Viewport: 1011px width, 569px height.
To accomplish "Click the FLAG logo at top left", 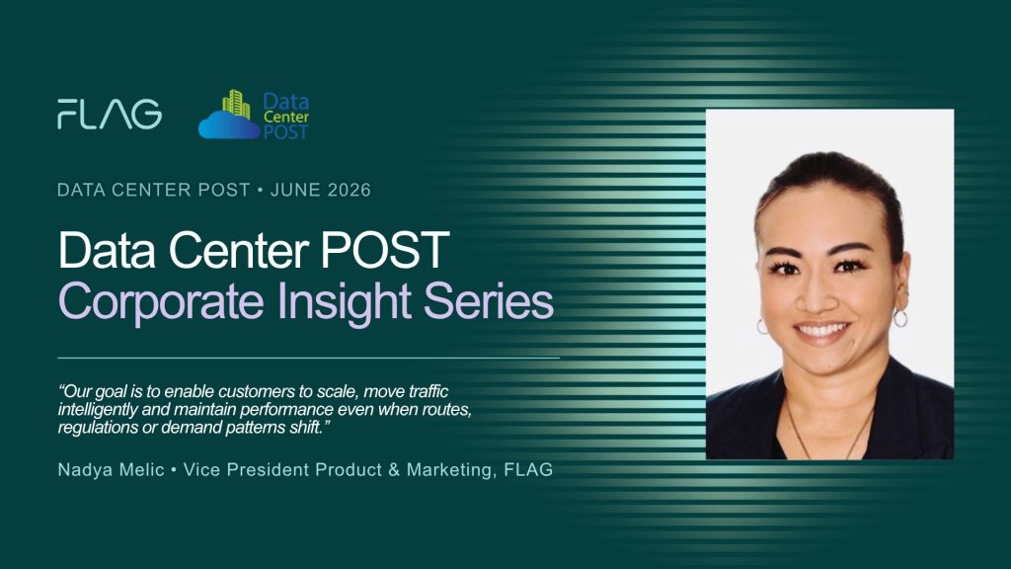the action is [110, 115].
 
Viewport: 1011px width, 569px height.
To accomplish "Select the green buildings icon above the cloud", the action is [236, 104].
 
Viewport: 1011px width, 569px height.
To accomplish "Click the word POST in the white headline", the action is [385, 250].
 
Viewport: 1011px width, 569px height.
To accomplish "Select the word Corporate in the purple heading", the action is [161, 302].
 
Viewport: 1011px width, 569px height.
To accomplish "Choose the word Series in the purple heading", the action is [489, 300].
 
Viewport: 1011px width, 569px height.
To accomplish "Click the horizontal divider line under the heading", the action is [308, 358].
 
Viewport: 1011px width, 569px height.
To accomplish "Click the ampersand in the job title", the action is [394, 469].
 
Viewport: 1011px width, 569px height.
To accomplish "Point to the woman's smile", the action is [821, 331].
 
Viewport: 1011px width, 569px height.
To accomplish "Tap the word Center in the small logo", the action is [286, 117].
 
